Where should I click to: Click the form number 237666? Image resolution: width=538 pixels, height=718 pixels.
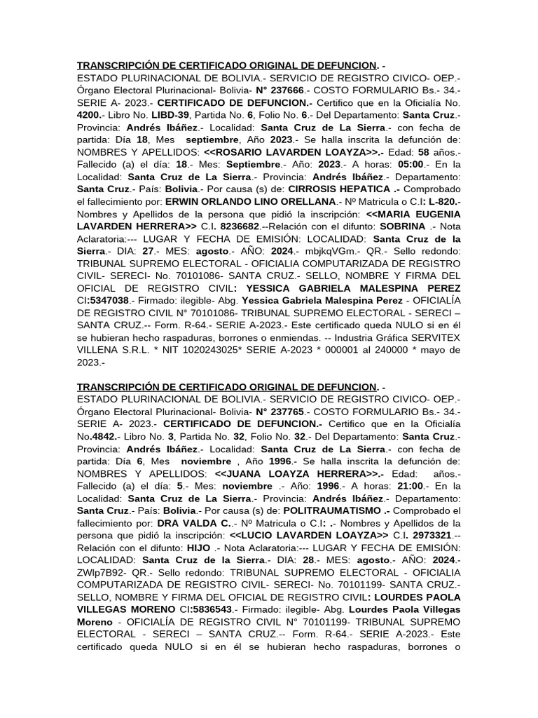(x=288, y=90)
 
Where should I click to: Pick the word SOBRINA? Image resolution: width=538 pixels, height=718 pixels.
(x=402, y=226)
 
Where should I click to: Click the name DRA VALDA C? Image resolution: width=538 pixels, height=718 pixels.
(x=200, y=522)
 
